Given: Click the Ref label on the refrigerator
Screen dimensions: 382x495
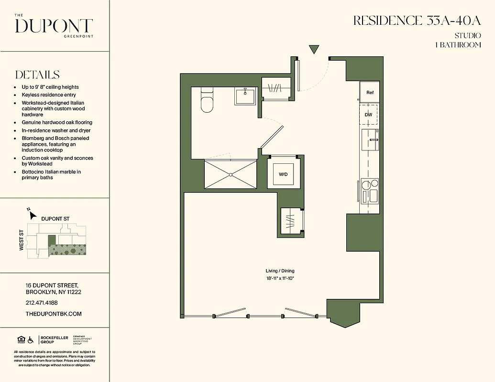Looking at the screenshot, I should point(370,93).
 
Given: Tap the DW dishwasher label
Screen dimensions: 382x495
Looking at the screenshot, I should point(368,115).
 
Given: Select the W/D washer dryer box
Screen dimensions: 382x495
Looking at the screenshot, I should point(283,174).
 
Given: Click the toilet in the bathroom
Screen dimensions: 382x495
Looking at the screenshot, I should point(207,101).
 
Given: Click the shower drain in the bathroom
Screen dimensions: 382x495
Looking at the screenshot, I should point(231,174).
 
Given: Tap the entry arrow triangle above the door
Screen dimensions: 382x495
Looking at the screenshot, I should point(314,50).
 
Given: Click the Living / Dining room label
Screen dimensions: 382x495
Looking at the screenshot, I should point(280,271).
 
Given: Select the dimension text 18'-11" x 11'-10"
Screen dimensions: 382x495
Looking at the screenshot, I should point(280,278).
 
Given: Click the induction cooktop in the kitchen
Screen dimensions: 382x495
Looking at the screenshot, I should point(370,191).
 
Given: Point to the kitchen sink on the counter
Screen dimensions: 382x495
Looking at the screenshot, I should point(370,140).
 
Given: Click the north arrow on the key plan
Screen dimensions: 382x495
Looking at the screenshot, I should point(32,213).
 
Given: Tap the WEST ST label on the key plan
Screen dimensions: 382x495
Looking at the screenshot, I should point(22,241).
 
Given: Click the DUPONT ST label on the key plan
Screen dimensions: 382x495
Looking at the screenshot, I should point(55,219).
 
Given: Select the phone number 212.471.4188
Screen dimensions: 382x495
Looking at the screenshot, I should point(41,303).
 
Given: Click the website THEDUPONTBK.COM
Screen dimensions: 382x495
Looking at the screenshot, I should point(54,314).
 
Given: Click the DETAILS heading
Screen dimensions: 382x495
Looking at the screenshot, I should point(37,75).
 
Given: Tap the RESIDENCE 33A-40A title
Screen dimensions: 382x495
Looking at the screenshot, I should point(417,21).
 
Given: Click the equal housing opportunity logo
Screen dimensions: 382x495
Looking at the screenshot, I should point(21,340).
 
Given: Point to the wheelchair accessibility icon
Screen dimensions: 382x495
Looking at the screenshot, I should point(31,340).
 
